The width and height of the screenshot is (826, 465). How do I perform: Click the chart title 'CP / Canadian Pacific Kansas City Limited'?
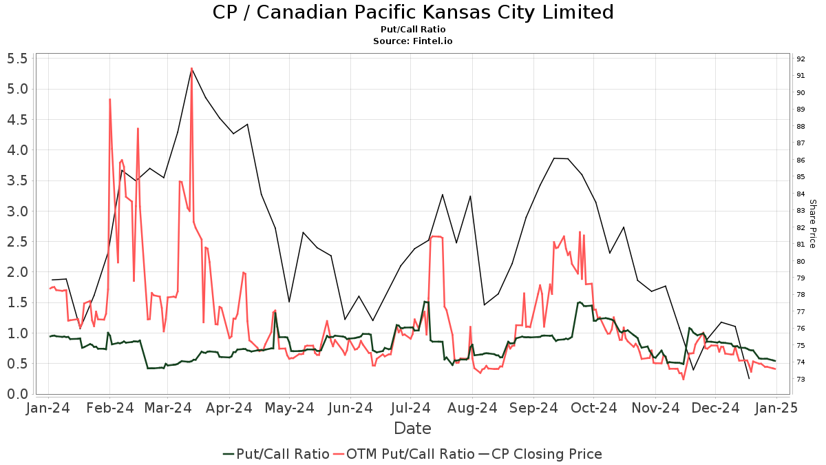412,12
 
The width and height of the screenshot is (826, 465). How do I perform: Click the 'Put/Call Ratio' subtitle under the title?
412,30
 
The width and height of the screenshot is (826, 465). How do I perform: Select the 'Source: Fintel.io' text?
412,41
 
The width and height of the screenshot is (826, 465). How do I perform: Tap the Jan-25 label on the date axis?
776,408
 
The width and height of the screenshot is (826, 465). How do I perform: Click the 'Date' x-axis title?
412,428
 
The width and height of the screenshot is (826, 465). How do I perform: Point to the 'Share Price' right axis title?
812,224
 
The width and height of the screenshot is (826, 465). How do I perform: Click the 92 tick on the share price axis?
801,59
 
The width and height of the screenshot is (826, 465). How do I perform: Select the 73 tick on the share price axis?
801,380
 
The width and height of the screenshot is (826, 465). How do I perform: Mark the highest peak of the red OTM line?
191,68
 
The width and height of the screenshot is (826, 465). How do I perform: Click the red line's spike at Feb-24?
109,99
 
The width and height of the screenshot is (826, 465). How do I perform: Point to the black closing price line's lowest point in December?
749,379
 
